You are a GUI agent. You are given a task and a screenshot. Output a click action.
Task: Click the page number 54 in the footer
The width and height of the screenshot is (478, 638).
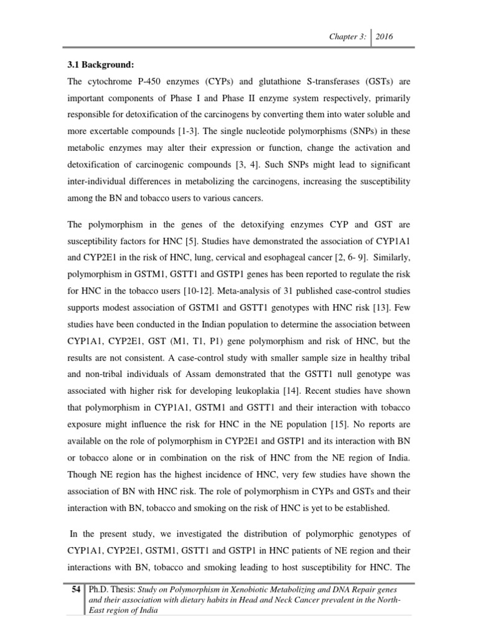(75, 589)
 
